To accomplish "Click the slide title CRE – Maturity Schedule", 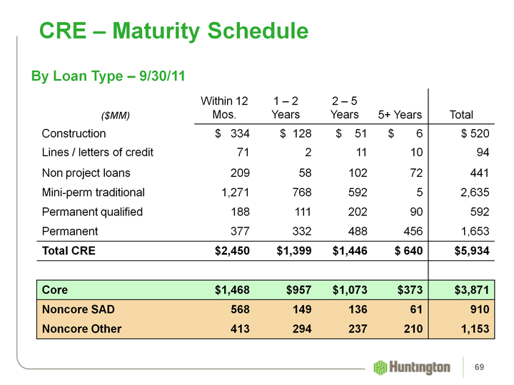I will pyautogui.click(x=173, y=31).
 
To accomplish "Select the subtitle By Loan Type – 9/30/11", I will pyautogui.click(x=108, y=76).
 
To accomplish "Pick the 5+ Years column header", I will pyautogui.click(x=398, y=115).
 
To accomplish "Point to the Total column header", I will pyautogui.click(x=460, y=115).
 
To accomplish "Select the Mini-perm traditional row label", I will pyautogui.click(x=93, y=192).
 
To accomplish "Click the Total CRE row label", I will pyautogui.click(x=69, y=251).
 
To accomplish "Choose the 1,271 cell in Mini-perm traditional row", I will pyautogui.click(x=232, y=192).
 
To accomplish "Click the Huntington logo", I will pyautogui.click(x=412, y=367).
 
